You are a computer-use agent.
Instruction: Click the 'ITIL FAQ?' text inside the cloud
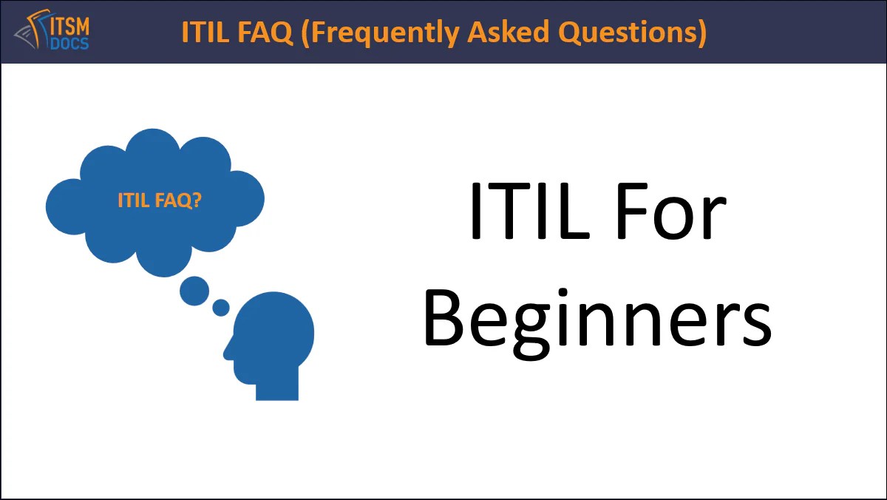[160, 200]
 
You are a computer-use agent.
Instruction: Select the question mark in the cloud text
[197, 200]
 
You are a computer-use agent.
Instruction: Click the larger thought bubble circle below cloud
[194, 291]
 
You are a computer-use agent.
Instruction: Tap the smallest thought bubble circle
[220, 307]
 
